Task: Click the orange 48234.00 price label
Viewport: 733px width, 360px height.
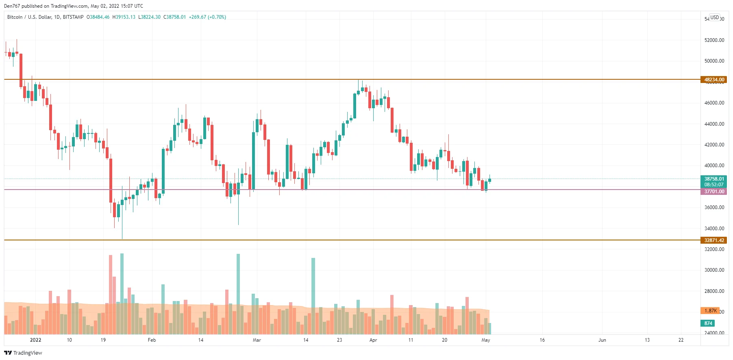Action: (x=714, y=80)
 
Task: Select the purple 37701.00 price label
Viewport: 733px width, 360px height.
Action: (x=714, y=192)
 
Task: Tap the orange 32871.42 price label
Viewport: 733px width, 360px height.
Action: (x=714, y=240)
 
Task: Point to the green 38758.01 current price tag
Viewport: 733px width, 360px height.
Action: (x=714, y=179)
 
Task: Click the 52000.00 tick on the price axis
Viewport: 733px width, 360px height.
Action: (x=714, y=40)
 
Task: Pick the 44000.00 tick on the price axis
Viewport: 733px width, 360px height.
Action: (x=714, y=124)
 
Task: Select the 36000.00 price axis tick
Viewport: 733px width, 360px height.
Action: (x=714, y=207)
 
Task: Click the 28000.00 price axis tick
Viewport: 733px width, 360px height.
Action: (x=714, y=291)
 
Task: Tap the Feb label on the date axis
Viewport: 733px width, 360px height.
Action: (x=152, y=340)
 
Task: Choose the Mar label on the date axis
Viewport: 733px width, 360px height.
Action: (x=257, y=340)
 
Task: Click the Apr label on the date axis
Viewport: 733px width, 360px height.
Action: (x=373, y=340)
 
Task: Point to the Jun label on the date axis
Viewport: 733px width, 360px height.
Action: (x=602, y=340)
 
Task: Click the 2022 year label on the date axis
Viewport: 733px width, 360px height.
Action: (x=36, y=340)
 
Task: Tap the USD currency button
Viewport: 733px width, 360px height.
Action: (x=714, y=17)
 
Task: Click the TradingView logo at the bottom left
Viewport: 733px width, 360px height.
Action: (x=23, y=353)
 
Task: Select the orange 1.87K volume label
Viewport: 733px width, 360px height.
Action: (x=710, y=311)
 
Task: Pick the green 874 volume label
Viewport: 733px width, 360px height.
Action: (x=708, y=323)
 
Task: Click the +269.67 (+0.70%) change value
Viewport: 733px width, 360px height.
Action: (x=207, y=17)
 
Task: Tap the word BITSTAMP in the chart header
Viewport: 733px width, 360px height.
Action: (x=73, y=17)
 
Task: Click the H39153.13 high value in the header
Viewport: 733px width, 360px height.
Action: (x=124, y=17)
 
